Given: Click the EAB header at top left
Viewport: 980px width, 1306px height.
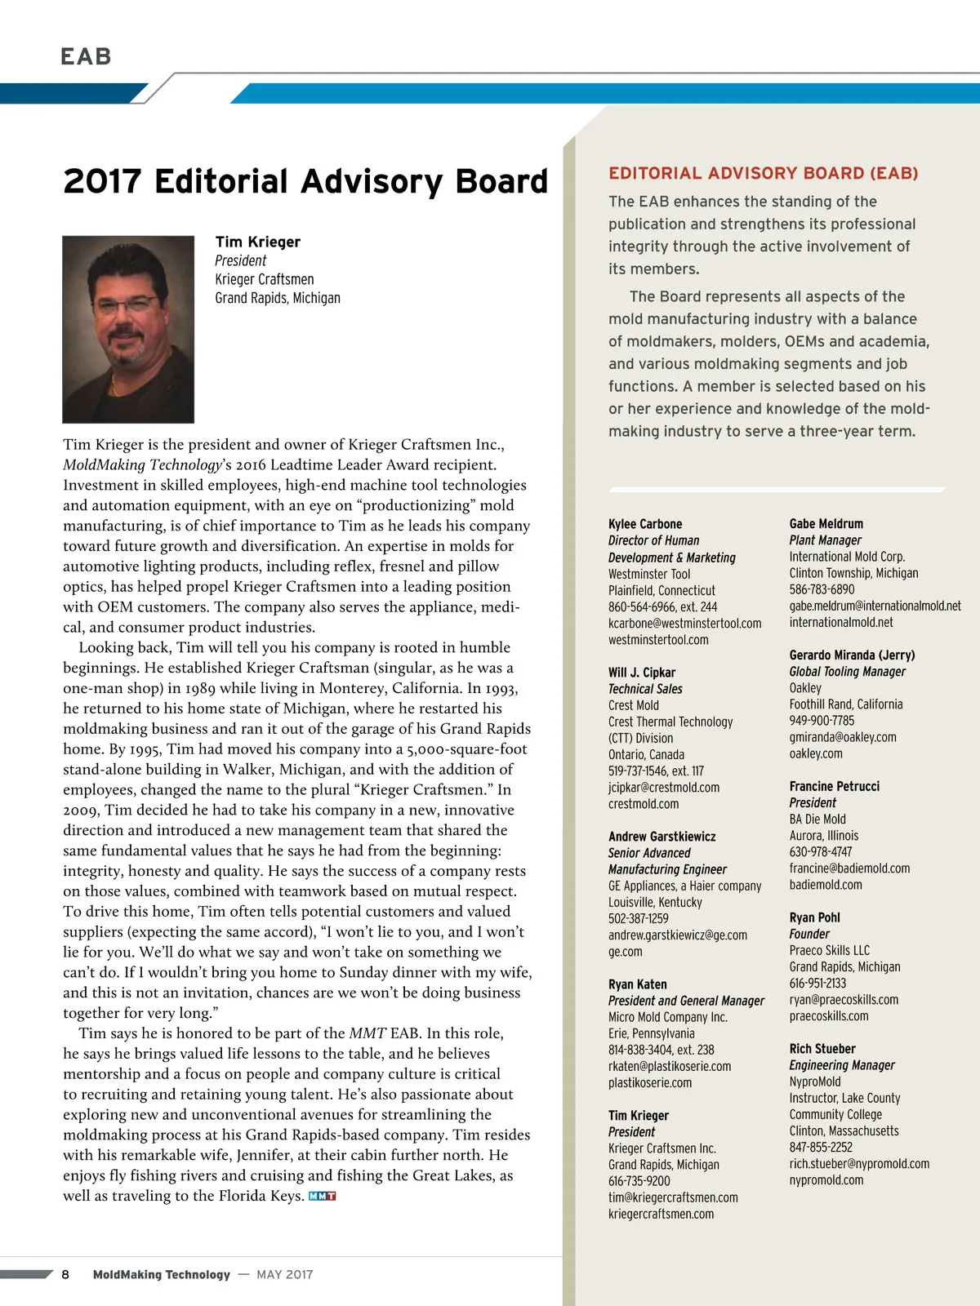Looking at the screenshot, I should (x=86, y=56).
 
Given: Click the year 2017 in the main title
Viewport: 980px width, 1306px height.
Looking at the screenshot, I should (x=102, y=181).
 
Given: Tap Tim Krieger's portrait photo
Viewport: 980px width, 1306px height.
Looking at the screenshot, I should (x=128, y=329).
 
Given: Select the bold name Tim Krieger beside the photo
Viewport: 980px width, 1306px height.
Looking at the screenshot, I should (x=257, y=242).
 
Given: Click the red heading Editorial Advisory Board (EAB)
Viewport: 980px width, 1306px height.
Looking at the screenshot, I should (x=763, y=173).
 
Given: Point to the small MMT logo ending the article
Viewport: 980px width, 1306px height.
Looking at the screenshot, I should (x=323, y=1197).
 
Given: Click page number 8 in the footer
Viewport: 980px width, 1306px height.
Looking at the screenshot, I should (x=65, y=1274).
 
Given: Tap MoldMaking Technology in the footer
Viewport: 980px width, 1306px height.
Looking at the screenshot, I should (x=162, y=1274).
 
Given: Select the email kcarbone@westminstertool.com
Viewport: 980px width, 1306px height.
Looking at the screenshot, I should (x=684, y=624).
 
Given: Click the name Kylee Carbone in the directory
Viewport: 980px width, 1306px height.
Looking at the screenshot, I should (x=645, y=524).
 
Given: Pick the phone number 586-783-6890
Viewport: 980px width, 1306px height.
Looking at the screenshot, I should (x=822, y=589).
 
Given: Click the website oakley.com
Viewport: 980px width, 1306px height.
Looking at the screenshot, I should (x=815, y=753).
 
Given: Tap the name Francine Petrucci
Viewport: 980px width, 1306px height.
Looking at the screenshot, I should (x=834, y=786).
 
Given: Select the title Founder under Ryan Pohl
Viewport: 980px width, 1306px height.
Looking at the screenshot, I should (x=808, y=934).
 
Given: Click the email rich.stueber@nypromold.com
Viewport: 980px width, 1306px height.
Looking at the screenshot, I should (x=858, y=1164).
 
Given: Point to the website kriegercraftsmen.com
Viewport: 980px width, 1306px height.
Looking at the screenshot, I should (x=661, y=1214).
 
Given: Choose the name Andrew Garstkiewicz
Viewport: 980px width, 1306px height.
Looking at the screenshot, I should (x=661, y=837).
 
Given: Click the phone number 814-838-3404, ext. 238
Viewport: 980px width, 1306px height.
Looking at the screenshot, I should (x=661, y=1050).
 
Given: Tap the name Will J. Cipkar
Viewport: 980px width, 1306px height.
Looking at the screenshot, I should (x=641, y=673).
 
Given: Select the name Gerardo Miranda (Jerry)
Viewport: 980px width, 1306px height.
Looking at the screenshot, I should (x=852, y=655).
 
